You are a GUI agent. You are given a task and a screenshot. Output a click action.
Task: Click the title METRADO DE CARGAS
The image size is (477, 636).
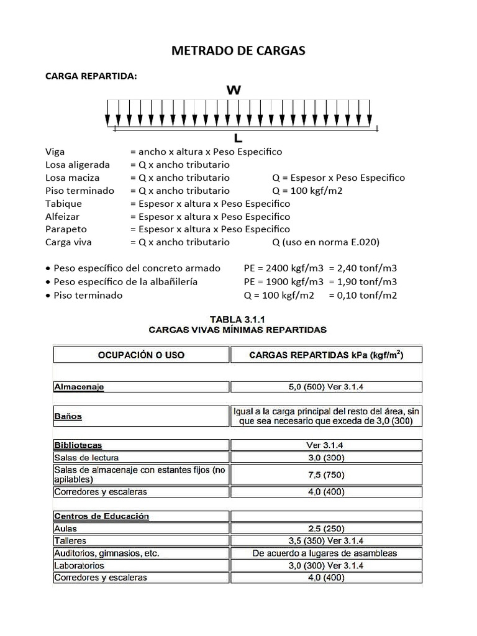(238, 51)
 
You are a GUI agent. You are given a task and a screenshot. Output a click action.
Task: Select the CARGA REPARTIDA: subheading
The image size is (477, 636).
(91, 76)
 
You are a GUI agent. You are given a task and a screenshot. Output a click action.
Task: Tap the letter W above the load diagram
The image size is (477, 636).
(234, 90)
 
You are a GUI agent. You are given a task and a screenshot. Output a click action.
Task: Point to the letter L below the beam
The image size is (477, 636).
(238, 138)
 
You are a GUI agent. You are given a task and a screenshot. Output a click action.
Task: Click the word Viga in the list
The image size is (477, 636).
(55, 152)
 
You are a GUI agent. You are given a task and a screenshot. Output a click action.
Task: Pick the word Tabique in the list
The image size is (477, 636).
(63, 204)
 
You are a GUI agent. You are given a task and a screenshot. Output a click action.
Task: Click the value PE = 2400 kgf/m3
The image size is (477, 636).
(284, 269)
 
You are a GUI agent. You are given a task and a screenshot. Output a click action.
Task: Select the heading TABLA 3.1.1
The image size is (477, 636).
(238, 319)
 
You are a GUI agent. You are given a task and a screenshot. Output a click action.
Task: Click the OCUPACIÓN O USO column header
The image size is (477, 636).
(141, 355)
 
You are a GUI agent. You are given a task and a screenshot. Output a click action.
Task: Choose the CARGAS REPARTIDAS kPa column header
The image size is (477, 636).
(326, 355)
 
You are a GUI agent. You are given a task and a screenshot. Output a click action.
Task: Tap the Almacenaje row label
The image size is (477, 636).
(79, 387)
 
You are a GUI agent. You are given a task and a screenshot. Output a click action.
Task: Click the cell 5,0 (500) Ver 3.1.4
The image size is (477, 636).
(326, 387)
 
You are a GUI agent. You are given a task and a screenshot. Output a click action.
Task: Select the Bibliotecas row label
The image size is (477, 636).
(78, 445)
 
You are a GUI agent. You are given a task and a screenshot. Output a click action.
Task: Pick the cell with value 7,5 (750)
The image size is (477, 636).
(326, 475)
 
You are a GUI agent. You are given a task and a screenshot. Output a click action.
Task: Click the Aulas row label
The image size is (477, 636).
(65, 529)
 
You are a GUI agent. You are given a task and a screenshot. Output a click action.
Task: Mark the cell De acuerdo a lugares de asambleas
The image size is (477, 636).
(326, 553)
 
